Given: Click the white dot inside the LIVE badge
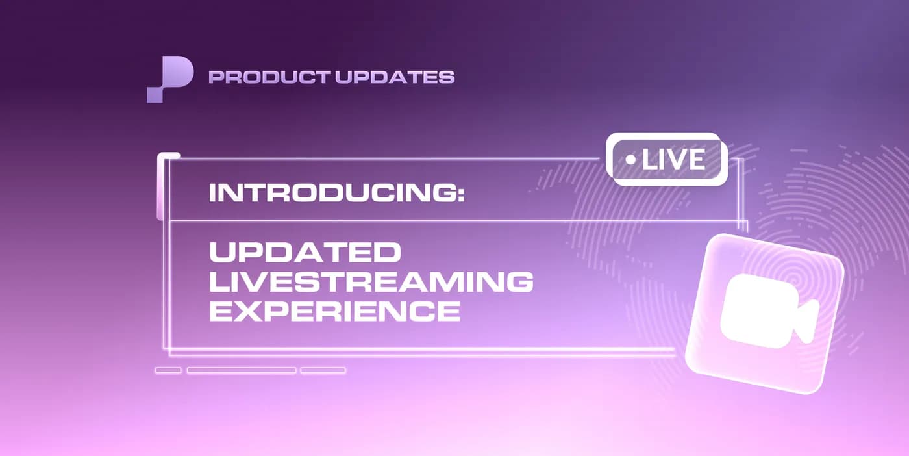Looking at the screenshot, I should [629, 160].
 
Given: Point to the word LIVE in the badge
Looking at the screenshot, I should [673, 160].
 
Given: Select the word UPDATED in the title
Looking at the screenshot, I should [305, 253].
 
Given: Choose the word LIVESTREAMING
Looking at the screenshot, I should [371, 282].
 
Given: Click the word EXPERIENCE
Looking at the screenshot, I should [334, 312].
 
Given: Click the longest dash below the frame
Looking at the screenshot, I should [242, 370].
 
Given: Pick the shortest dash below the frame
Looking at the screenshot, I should [168, 370].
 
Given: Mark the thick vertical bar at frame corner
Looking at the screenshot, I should [160, 187].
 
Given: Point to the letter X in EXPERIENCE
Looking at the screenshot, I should [248, 312].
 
